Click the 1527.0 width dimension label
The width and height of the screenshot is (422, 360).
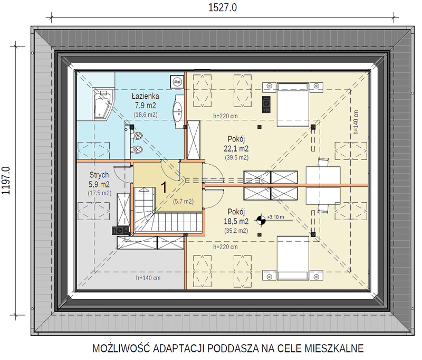tap(223, 7)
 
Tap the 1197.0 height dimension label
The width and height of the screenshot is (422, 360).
tap(6, 181)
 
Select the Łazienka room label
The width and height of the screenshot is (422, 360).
tap(146, 96)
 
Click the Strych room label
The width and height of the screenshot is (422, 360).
tap(99, 175)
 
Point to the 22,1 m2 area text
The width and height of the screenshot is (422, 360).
tap(236, 148)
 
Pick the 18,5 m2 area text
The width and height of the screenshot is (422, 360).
tap(236, 221)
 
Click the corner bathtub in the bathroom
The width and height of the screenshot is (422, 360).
tap(103, 103)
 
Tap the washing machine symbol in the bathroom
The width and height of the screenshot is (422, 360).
tap(177, 81)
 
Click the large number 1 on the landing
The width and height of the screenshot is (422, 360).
tap(164, 187)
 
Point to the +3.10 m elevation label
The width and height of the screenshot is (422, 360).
tap(275, 217)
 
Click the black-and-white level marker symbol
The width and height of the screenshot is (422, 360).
tap(261, 220)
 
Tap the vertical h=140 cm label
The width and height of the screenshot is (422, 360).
tap(356, 122)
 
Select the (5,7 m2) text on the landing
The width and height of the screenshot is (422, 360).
tap(183, 201)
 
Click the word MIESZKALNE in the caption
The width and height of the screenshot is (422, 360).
tap(334, 348)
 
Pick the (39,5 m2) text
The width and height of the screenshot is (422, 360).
tap(236, 157)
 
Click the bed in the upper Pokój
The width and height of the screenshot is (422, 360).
tap(293, 105)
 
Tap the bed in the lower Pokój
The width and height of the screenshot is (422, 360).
tap(293, 258)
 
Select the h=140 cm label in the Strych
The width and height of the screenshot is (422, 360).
tap(148, 278)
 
